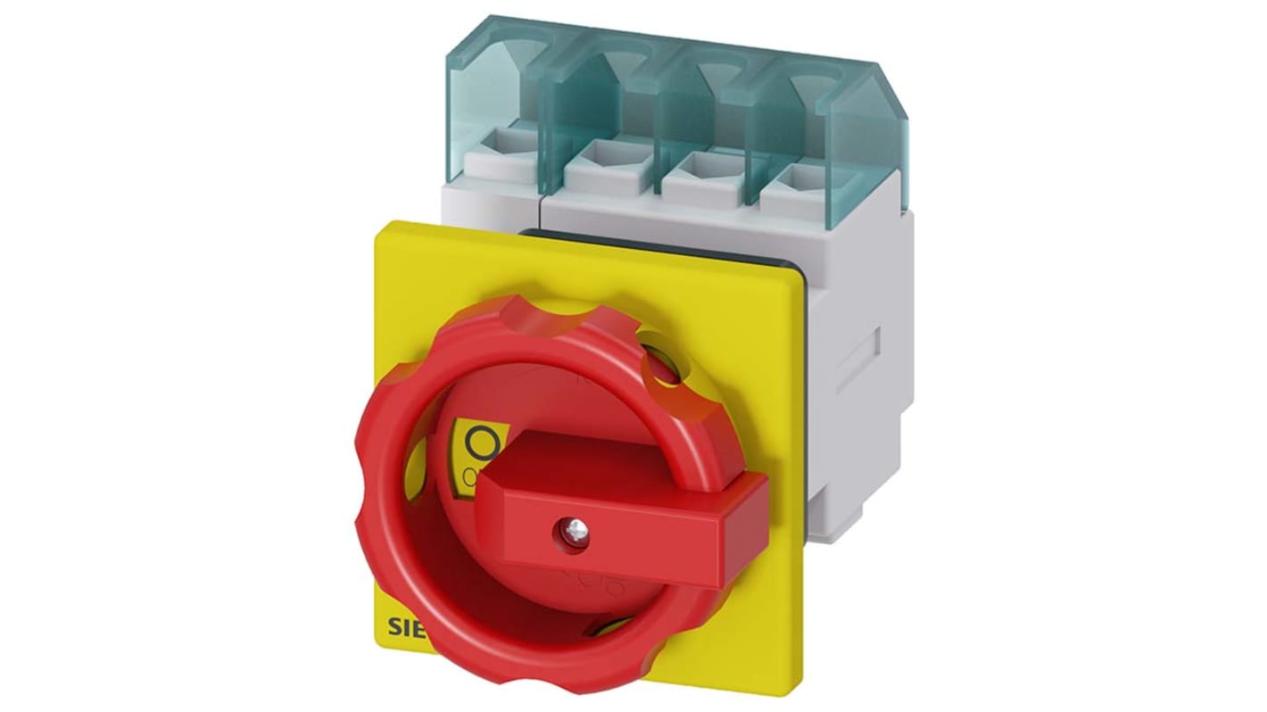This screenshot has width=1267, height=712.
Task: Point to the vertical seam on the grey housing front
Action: click(x=541, y=209)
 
